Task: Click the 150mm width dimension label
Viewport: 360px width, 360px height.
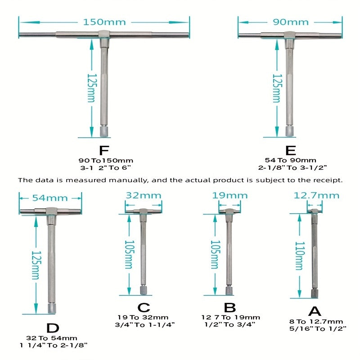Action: [x=104, y=22]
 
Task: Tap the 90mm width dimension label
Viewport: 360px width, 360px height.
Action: [x=291, y=22]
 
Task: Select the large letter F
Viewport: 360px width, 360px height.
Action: [x=104, y=150]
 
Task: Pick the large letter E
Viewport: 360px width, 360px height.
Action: [x=290, y=150]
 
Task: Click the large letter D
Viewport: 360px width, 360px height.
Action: [x=53, y=328]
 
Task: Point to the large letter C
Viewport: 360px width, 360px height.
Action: [x=144, y=308]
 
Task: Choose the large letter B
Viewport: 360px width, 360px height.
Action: [x=230, y=308]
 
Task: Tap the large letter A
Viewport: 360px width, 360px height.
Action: [x=315, y=311]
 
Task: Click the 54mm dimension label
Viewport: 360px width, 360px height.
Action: [x=50, y=198]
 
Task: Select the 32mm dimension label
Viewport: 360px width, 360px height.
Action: [x=144, y=195]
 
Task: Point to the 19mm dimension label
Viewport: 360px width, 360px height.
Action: [x=230, y=195]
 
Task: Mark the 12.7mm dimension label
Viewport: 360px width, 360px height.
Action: [x=316, y=195]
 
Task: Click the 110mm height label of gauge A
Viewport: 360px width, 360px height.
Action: [x=299, y=256]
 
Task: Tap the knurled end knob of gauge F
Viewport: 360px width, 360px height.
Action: [x=104, y=132]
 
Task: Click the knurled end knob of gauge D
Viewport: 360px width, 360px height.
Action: [x=51, y=309]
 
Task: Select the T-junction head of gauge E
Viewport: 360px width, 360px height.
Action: [x=289, y=36]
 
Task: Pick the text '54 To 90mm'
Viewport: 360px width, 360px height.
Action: [x=290, y=160]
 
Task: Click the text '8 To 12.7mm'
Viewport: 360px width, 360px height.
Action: [x=316, y=321]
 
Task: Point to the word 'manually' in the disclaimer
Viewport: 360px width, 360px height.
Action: [x=128, y=180]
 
